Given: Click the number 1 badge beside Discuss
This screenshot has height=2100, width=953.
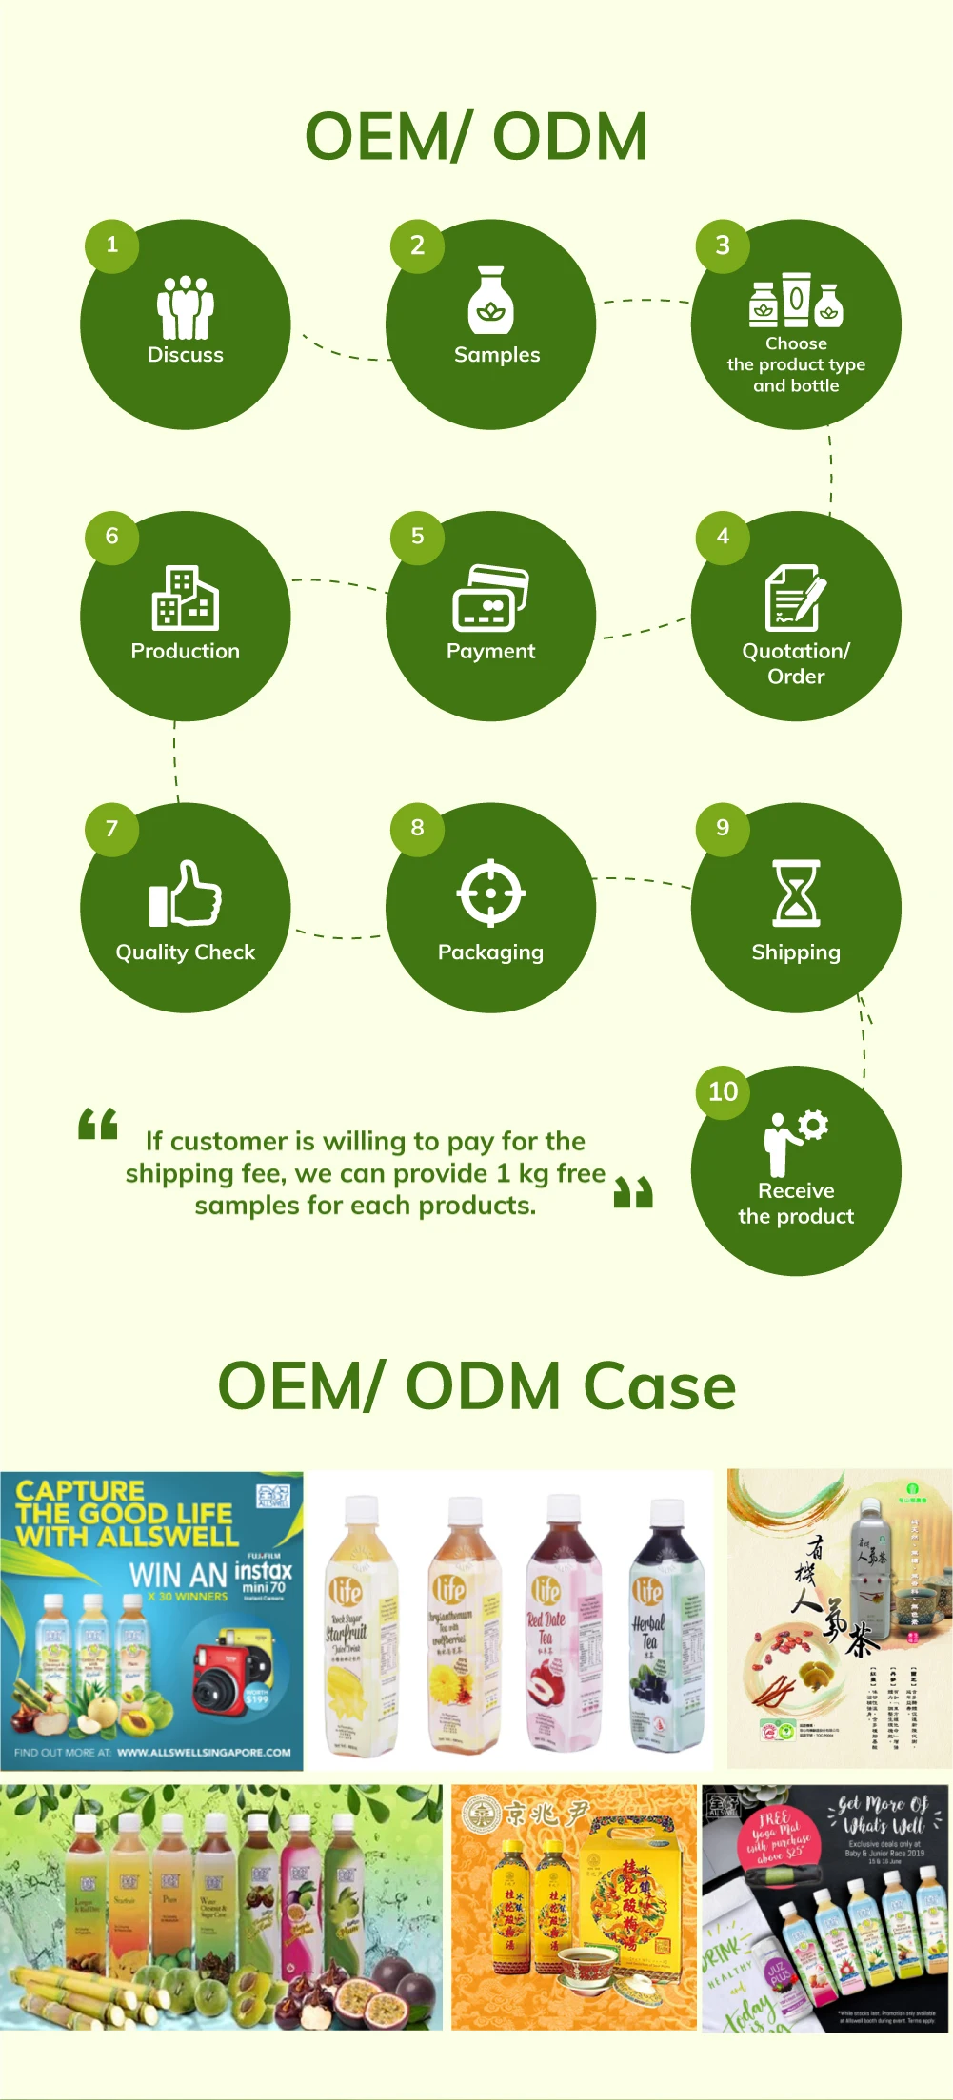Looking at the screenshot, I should [x=111, y=245].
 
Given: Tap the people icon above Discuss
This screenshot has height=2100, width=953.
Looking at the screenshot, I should [x=186, y=306].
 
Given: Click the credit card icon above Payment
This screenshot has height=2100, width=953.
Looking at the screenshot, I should [x=490, y=599].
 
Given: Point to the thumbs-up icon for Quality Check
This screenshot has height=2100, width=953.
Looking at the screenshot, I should [x=186, y=893].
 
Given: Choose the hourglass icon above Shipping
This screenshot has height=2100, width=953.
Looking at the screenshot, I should [x=796, y=893].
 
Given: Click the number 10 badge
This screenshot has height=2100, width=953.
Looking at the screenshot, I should [x=723, y=1091].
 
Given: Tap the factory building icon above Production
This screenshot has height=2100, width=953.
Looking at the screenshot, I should [x=186, y=598].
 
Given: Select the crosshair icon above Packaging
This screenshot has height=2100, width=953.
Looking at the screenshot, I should [x=490, y=893].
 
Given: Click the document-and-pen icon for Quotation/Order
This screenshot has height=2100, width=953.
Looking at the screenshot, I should [x=796, y=598].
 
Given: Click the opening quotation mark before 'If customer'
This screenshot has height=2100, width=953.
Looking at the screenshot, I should [x=98, y=1124].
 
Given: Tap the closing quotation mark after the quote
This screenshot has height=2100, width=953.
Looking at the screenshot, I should [x=633, y=1191].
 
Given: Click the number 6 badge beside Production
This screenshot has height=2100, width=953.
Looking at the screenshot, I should [x=111, y=537].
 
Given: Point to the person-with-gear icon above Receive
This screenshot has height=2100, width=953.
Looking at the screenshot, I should [x=795, y=1142].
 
